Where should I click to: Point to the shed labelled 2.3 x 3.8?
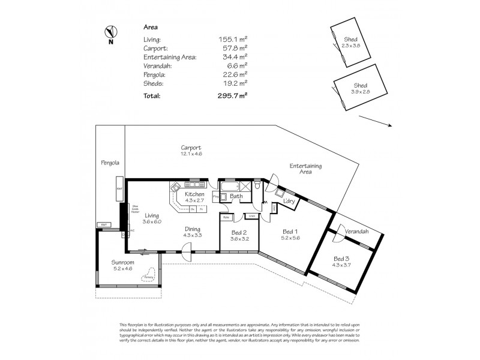(x=346, y=43)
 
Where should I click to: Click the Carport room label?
(x=191, y=148)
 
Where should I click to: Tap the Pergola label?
(x=110, y=163)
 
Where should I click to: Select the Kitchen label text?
(x=194, y=194)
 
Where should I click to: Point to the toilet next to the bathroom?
(x=257, y=187)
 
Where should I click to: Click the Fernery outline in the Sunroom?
(x=146, y=275)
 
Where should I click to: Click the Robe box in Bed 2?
(x=227, y=216)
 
